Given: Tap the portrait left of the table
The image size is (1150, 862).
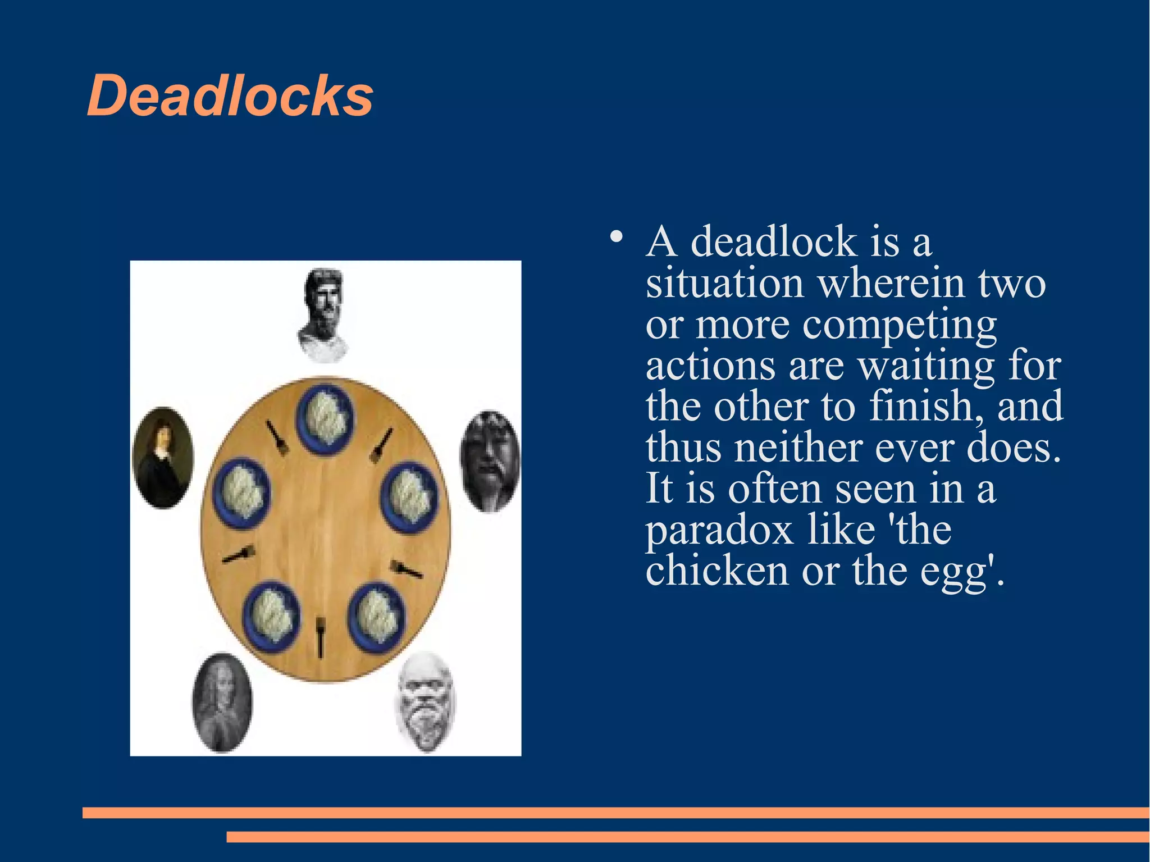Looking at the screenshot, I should (x=163, y=458).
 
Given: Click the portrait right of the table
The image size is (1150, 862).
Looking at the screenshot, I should (x=490, y=460).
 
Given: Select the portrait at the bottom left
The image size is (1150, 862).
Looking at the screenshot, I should (x=222, y=702).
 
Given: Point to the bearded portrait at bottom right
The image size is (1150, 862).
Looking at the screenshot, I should (x=426, y=702).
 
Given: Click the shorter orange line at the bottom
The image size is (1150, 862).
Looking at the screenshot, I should (x=688, y=837).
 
